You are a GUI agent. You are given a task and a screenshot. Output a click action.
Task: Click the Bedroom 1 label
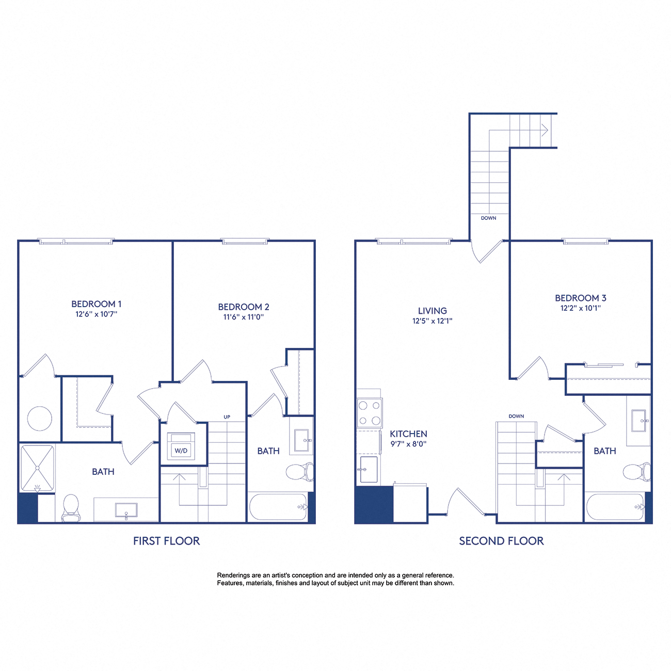(x=97, y=304)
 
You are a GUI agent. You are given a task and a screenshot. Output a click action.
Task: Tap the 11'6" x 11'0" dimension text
(x=243, y=317)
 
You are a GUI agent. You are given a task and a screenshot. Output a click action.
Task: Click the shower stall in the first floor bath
(x=37, y=468)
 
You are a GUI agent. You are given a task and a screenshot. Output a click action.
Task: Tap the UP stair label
(x=227, y=417)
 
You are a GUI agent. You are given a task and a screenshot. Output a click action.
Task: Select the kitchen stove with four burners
(x=370, y=413)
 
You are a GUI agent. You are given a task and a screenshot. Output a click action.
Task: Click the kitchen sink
(x=368, y=469)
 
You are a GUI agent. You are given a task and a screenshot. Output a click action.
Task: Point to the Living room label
(x=432, y=311)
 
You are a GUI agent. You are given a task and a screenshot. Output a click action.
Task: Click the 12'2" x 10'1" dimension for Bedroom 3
(x=580, y=308)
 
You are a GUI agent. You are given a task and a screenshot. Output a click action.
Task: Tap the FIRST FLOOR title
(x=166, y=541)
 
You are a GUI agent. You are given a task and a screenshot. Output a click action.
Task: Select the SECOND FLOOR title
(x=501, y=541)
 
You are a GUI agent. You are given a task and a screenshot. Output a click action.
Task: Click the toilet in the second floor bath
(x=635, y=471)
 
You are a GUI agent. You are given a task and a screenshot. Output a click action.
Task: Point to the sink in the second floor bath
(x=638, y=421)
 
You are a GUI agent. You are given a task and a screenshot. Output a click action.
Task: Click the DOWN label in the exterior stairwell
(x=488, y=218)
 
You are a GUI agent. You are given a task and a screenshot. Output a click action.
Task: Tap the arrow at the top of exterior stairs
(x=544, y=130)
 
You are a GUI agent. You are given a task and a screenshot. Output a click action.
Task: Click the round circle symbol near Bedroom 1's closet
(x=39, y=418)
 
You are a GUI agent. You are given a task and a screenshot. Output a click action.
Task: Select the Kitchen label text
(x=408, y=434)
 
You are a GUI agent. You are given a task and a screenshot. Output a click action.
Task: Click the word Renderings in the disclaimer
(x=232, y=575)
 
